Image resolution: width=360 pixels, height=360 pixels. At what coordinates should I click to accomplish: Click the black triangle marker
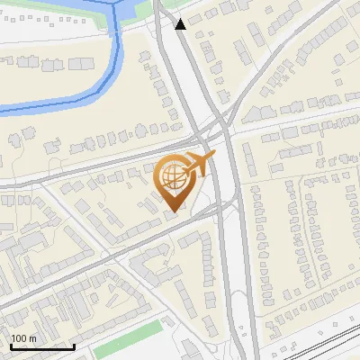tap(181, 24)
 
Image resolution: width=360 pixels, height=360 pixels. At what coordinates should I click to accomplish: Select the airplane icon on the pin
tap(200, 165)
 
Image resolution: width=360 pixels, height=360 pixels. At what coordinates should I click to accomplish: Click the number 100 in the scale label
tap(20, 338)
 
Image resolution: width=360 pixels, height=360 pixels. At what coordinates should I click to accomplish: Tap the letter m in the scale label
tap(32, 338)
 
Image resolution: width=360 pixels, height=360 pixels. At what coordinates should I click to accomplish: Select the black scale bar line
tap(42, 346)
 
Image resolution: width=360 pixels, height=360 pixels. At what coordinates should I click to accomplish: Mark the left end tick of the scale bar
tap(11, 345)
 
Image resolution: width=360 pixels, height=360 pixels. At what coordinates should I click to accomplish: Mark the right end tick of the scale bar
tap(74, 345)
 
